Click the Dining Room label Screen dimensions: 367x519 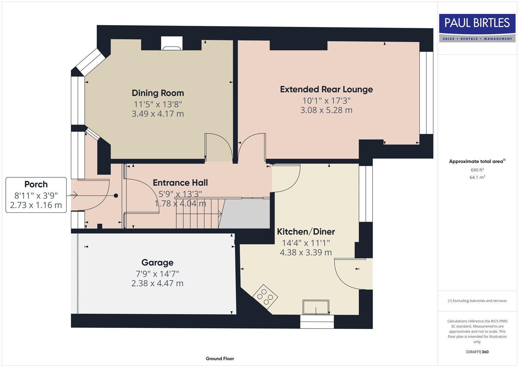click(158, 93)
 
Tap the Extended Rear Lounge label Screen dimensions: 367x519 click(326, 89)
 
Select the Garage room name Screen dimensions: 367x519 click(157, 263)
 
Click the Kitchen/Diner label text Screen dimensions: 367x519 click(306, 232)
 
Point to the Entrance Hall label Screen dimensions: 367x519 click(180, 183)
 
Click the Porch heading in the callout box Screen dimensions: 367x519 click(36, 185)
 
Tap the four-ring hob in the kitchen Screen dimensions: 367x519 click(265, 297)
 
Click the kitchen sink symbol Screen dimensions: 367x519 click(316, 307)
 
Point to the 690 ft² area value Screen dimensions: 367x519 click(477, 170)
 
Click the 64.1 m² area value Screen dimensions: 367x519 click(477, 177)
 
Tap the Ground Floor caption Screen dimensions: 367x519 click(220, 359)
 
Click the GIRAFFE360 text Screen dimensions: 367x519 click(477, 352)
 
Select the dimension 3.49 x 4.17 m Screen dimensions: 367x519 click(158, 114)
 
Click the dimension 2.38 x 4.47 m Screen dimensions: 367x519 click(157, 283)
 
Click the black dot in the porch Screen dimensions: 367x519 click(116, 196)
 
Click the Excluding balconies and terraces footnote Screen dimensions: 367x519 click(477, 301)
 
